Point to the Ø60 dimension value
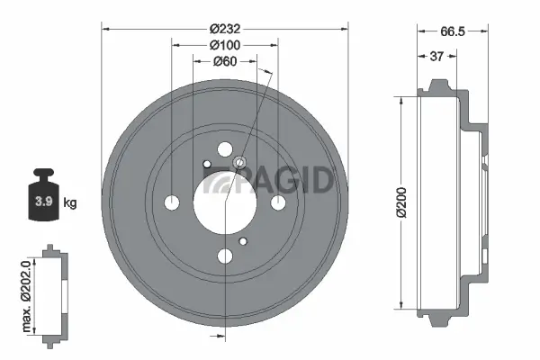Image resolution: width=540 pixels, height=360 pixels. [224, 61]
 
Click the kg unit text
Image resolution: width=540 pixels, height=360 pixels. [70, 202]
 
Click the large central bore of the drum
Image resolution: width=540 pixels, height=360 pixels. [224, 202]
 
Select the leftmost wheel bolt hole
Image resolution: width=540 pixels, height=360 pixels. [172, 203]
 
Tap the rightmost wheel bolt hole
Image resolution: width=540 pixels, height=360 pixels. [278, 203]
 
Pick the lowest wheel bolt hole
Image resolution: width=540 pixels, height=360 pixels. [225, 257]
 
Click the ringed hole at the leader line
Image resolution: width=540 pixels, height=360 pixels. [240, 163]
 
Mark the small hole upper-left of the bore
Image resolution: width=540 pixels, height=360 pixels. [207, 164]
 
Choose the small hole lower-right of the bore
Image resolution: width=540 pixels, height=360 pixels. [243, 241]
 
